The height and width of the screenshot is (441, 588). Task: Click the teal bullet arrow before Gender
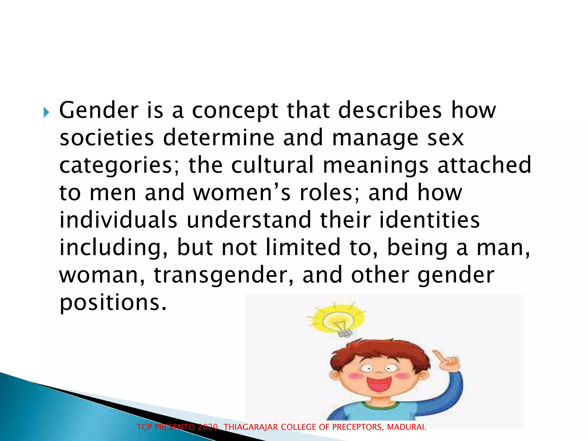(46, 112)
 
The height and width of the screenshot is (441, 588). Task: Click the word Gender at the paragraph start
(99, 111)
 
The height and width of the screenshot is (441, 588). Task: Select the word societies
(107, 138)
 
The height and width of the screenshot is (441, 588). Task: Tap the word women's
(242, 193)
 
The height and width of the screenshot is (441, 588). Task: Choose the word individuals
(118, 220)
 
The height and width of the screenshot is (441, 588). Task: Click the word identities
(430, 220)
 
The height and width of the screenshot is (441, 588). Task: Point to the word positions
(113, 303)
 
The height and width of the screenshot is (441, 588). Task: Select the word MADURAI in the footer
(406, 427)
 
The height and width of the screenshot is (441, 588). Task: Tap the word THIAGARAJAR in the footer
(251, 427)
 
